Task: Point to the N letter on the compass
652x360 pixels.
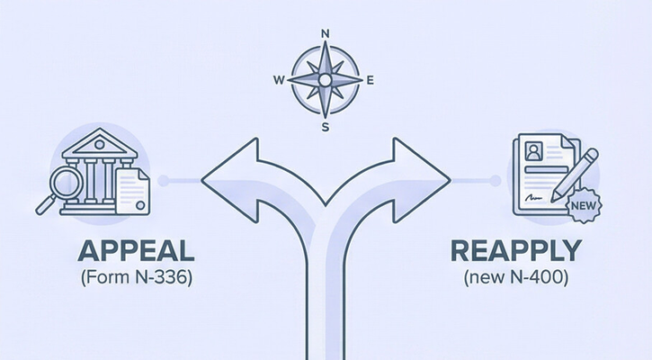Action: click(x=326, y=34)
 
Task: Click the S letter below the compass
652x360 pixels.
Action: click(x=326, y=126)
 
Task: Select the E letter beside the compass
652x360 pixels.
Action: click(x=370, y=80)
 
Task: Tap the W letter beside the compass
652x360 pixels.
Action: click(x=279, y=80)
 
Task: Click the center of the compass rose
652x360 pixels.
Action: click(x=326, y=80)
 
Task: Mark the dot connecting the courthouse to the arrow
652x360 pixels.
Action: click(x=162, y=181)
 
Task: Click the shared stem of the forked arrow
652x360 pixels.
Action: click(x=326, y=297)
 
